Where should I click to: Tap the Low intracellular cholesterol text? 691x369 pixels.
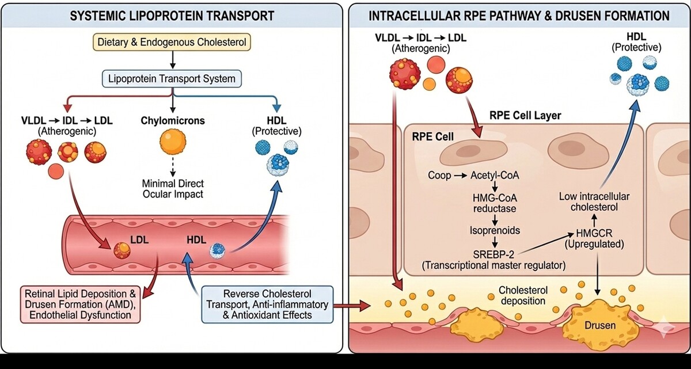pos(594,203)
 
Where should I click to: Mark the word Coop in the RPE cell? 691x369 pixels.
pos(439,174)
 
